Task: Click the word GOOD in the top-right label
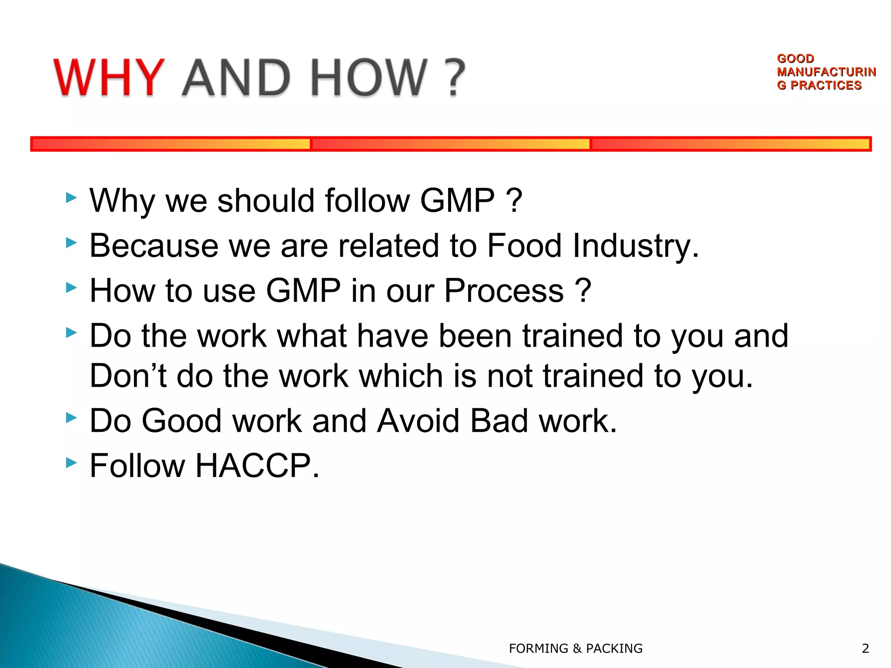point(795,58)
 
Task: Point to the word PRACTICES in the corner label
point(826,85)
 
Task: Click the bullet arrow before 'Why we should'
point(71,198)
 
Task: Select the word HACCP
point(257,465)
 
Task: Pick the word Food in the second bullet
point(524,245)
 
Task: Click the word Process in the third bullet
point(503,291)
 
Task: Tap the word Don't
point(128,376)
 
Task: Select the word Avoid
point(418,421)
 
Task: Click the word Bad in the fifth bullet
point(499,421)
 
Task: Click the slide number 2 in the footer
point(865,648)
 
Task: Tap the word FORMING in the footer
point(538,648)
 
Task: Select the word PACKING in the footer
point(614,648)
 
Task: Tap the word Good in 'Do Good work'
point(182,421)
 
